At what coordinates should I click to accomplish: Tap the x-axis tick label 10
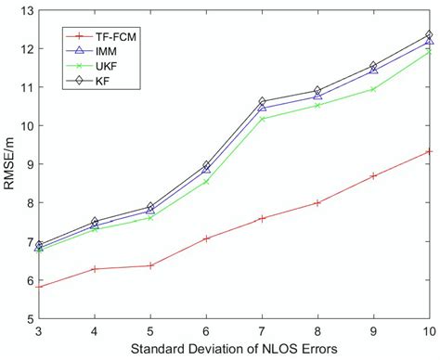tap(429, 331)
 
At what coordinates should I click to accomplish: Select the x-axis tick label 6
tap(206, 331)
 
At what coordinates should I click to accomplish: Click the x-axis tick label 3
tap(39, 331)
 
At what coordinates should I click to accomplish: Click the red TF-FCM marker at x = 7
tap(262, 218)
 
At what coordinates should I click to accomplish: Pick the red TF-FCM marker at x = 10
tap(429, 151)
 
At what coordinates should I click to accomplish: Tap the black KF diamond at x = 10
tap(429, 35)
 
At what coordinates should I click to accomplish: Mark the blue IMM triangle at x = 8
tap(317, 96)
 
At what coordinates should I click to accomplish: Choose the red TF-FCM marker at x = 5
tap(150, 265)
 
